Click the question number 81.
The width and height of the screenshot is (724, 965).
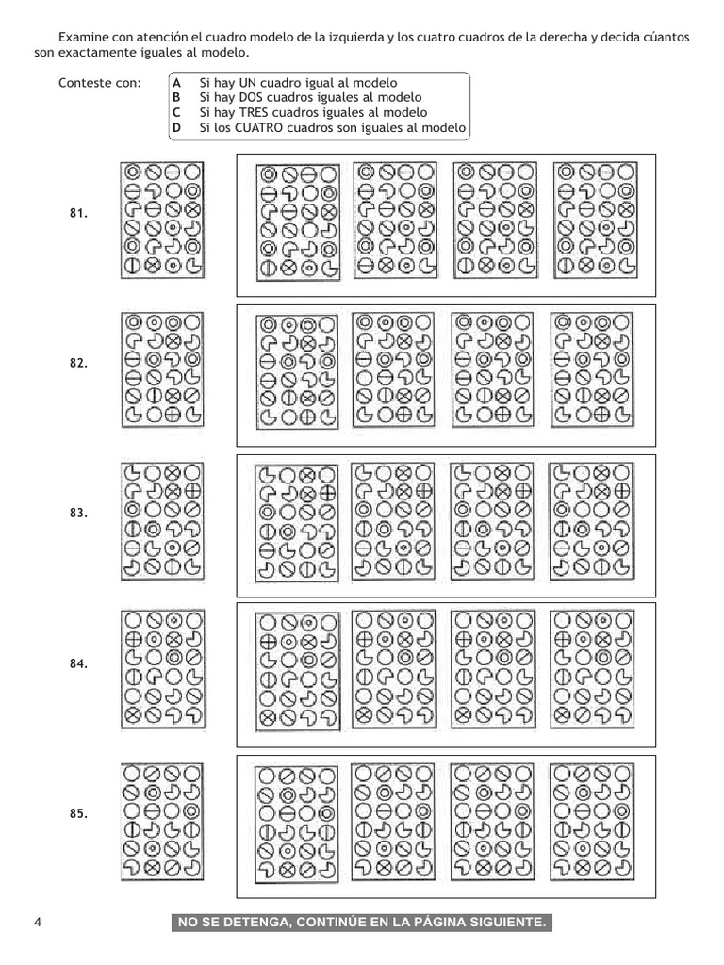point(78,214)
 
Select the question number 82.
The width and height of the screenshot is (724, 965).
point(78,363)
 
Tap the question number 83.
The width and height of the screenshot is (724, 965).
point(78,514)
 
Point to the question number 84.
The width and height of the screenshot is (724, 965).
point(78,664)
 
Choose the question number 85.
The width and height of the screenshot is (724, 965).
point(78,813)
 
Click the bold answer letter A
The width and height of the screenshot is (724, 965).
point(176,84)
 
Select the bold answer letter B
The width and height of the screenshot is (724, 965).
point(176,98)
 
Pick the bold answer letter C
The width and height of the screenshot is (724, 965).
point(176,112)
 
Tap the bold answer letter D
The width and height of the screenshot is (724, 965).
point(176,127)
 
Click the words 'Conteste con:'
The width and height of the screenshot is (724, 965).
point(99,84)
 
